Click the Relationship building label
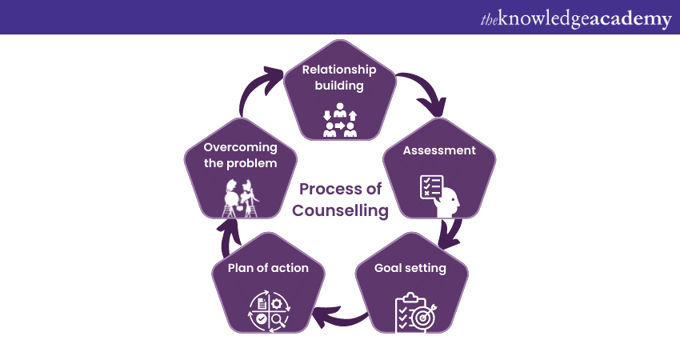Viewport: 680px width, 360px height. pyautogui.click(x=339, y=78)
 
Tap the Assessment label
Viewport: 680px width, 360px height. pyautogui.click(x=439, y=150)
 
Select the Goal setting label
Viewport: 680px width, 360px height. pyautogui.click(x=410, y=267)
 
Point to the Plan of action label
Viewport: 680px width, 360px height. pyautogui.click(x=268, y=268)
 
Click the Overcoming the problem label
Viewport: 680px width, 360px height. pyautogui.click(x=240, y=155)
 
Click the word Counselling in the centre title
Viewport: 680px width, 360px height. pyautogui.click(x=340, y=210)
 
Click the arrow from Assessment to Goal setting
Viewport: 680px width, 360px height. pyautogui.click(x=454, y=232)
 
